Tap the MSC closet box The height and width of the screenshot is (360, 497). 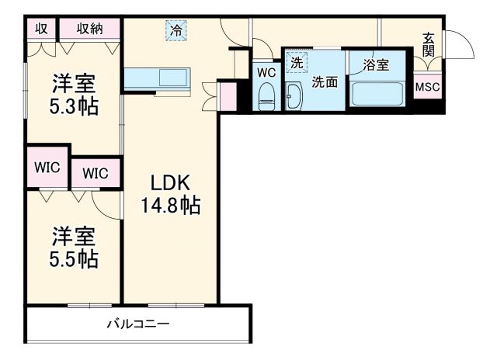427,87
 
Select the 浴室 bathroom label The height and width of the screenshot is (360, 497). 377,66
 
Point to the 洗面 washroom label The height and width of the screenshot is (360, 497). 325,81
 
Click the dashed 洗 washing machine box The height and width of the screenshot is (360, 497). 296,61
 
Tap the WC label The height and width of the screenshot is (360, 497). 266,72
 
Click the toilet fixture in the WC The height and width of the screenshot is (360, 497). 266,96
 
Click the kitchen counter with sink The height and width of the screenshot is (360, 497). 156,79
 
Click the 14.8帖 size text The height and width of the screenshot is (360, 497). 170,206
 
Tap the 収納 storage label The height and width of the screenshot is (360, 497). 89,29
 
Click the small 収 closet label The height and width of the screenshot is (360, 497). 42,29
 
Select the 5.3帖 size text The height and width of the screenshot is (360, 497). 75,106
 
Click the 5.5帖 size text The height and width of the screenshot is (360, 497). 75,258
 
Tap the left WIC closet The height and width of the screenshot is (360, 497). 47,167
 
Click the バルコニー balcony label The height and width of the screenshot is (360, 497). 138,324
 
